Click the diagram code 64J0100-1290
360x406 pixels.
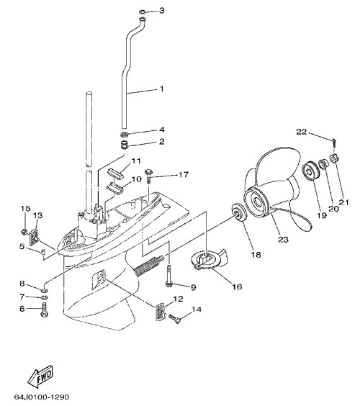coord(42,397)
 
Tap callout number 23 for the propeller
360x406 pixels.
coord(283,239)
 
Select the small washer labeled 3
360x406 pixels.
coord(143,12)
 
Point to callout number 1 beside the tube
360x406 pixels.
coord(162,89)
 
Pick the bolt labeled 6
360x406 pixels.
coord(45,310)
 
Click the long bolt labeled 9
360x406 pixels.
coord(168,275)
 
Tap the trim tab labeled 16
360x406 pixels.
coord(209,259)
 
